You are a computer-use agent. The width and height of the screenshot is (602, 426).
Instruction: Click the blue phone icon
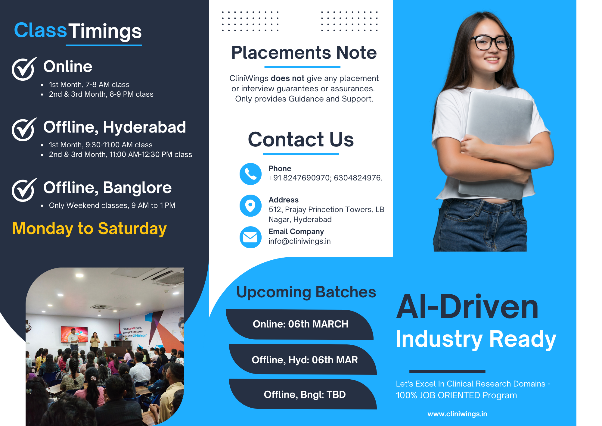250,174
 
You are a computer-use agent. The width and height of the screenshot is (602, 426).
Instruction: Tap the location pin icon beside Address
250,205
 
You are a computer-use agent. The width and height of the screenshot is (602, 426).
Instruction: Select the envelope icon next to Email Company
250,237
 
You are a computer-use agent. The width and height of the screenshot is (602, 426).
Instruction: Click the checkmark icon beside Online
24,69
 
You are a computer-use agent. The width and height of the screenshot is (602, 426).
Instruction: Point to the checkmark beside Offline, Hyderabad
24,129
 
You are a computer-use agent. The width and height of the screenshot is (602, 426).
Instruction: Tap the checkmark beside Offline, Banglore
24,190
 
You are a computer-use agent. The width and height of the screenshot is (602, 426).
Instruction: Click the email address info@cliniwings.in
299,241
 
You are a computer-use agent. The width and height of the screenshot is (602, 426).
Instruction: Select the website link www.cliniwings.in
457,414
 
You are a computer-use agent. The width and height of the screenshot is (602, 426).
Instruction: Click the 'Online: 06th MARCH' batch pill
300,324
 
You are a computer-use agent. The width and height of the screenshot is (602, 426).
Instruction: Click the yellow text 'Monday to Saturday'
89,228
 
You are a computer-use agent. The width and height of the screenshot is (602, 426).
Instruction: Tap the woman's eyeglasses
491,42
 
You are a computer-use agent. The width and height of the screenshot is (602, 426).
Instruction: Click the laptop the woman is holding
497,145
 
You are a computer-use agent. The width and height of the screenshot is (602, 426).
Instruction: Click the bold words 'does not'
287,78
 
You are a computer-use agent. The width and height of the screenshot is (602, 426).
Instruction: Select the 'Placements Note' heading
304,53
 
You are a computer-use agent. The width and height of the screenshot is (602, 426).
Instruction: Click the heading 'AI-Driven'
467,307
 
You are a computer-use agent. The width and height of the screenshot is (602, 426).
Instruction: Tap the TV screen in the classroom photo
74,334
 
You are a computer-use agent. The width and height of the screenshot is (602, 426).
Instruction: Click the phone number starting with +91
325,178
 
